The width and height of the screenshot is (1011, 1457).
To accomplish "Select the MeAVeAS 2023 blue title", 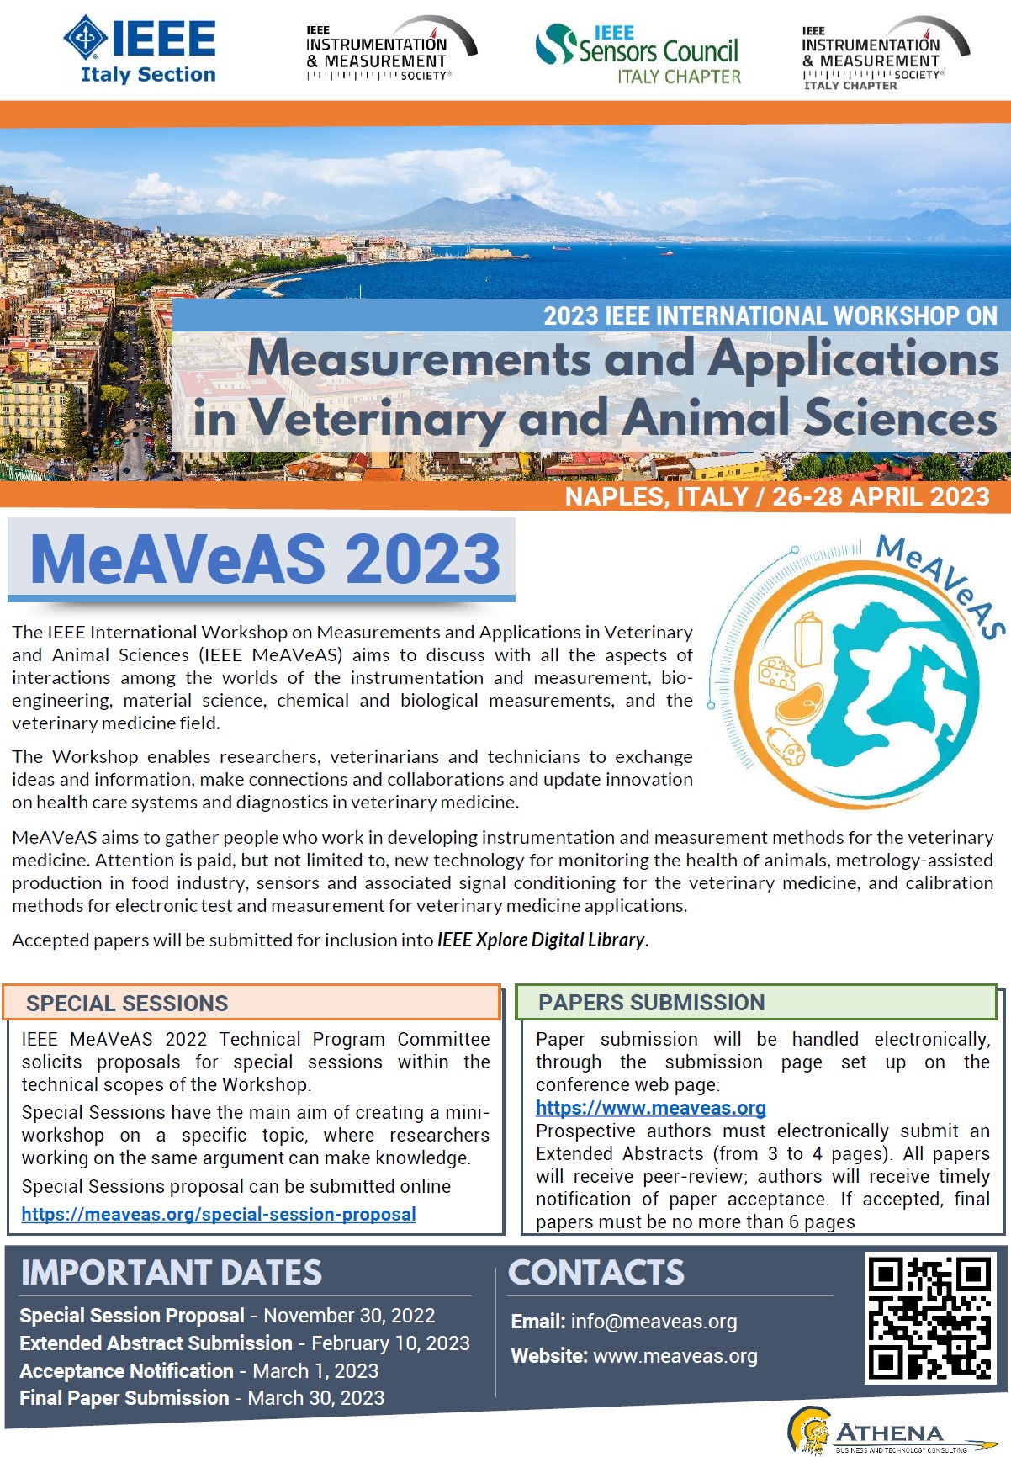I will click(x=265, y=559).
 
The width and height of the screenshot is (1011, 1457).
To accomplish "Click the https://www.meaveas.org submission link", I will click(x=650, y=1108).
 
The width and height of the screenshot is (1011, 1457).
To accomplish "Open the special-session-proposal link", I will click(x=219, y=1214).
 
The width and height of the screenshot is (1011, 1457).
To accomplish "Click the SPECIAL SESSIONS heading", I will click(x=127, y=1003).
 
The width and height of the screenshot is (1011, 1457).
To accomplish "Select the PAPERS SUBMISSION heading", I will click(x=651, y=1002).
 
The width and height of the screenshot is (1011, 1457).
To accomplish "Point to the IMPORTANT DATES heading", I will click(x=172, y=1273).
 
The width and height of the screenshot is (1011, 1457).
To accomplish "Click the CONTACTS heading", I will click(x=595, y=1273).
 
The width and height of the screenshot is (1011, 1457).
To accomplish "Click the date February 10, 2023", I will click(x=390, y=1343).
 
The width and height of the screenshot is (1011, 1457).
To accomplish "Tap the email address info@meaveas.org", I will click(x=654, y=1322).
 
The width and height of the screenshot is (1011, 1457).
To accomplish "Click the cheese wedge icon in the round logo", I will click(x=776, y=673).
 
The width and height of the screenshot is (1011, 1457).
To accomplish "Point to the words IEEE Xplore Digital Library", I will click(x=541, y=940).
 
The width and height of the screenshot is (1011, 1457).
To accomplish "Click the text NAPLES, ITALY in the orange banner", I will click(x=656, y=496).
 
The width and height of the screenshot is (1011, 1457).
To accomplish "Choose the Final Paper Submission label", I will click(x=124, y=1397).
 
